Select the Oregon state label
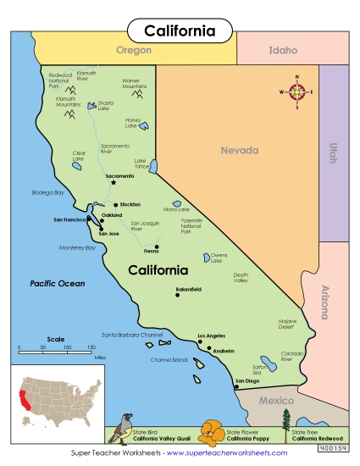pos(133,50)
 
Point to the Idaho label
pos(282,50)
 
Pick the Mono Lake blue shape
pos(177,204)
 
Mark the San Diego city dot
pos(236,386)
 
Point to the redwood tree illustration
pos(285,423)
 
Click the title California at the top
pos(180,31)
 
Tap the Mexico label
pos(276,400)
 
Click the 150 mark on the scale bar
pos(91,348)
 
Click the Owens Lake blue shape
pos(206,258)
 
